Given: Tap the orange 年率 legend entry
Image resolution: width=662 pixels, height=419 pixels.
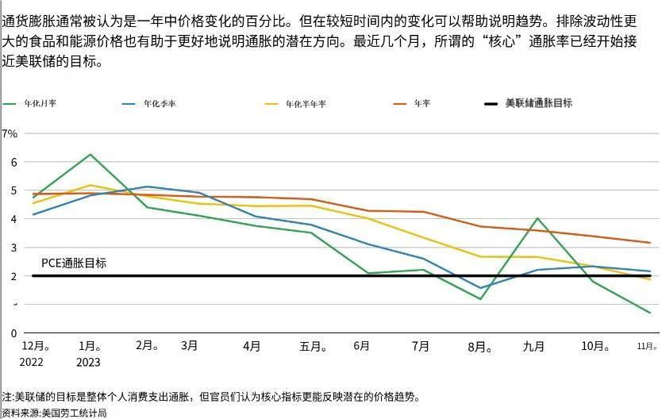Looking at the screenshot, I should [421, 104].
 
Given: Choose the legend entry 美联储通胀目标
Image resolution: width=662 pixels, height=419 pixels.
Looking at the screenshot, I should [538, 103].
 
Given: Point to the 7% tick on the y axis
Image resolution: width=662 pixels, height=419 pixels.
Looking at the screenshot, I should [10, 133].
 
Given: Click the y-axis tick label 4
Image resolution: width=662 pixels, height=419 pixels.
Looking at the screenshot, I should [13, 219].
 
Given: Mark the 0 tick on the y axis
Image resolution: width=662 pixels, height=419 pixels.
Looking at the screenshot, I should [13, 333].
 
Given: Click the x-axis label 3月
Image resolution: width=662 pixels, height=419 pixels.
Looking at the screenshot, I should [190, 346].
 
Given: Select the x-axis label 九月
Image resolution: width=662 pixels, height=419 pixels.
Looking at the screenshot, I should [533, 347].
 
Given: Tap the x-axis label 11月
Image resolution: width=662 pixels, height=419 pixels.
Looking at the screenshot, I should [647, 347].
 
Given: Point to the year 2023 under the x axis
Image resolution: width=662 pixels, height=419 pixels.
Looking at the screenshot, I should [89, 363].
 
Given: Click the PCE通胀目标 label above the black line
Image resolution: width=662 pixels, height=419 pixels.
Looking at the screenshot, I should [74, 263].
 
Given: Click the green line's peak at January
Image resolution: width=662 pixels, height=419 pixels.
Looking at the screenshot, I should [90, 154].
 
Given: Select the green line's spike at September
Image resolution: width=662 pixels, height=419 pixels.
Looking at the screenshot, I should [537, 218].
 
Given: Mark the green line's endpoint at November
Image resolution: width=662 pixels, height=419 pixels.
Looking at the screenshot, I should [650, 313].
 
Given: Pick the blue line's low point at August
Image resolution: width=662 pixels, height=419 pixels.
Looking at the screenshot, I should [480, 288].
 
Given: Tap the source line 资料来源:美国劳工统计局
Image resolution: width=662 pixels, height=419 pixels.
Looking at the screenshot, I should [54, 413].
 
